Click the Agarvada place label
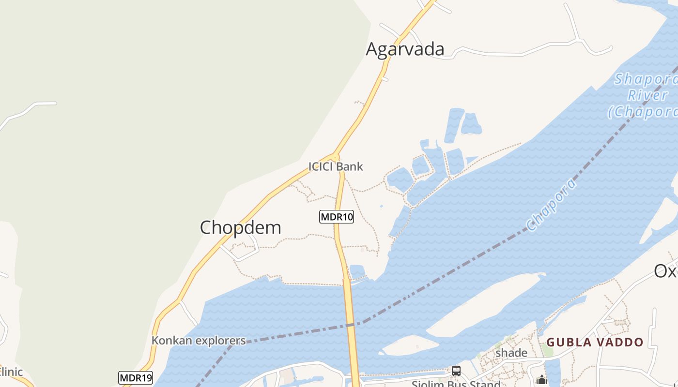(x=405, y=49)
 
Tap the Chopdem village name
(x=240, y=227)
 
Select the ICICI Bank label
(x=336, y=166)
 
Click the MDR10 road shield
(x=337, y=217)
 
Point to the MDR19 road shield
(x=136, y=377)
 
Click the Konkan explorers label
(x=199, y=341)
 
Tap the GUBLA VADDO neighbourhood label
(x=595, y=342)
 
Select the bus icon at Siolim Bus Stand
(x=456, y=371)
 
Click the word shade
(x=511, y=353)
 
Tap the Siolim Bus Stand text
(x=455, y=384)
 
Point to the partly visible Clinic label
(x=11, y=372)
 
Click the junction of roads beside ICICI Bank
(x=336, y=157)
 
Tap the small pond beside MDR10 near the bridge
(x=357, y=271)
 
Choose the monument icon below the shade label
(x=542, y=380)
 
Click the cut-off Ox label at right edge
(x=666, y=271)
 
